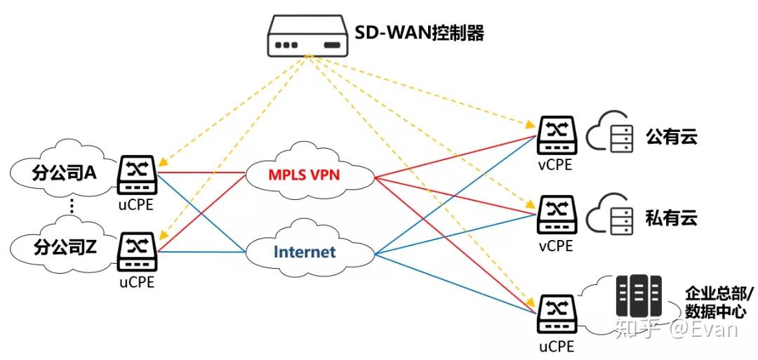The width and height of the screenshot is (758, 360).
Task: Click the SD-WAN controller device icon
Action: pos(307,37)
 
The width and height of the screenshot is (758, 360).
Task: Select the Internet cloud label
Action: pos(305,252)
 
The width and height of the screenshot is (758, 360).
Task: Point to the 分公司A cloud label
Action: pos(64,173)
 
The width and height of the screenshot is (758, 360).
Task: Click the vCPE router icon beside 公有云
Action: pos(557,135)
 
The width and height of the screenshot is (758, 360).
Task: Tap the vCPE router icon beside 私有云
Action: pos(557,215)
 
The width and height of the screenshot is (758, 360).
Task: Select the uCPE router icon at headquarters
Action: pos(557,315)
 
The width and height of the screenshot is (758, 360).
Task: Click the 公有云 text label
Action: pos(671,137)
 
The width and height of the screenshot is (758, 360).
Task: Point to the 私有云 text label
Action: pos(671,217)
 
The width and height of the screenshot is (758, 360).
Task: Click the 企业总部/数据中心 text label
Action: pos(715,302)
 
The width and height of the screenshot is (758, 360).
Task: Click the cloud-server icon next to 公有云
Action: pos(608,133)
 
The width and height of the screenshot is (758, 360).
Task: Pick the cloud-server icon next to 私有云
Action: pos(608,213)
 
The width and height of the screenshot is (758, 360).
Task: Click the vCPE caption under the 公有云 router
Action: pos(556,166)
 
